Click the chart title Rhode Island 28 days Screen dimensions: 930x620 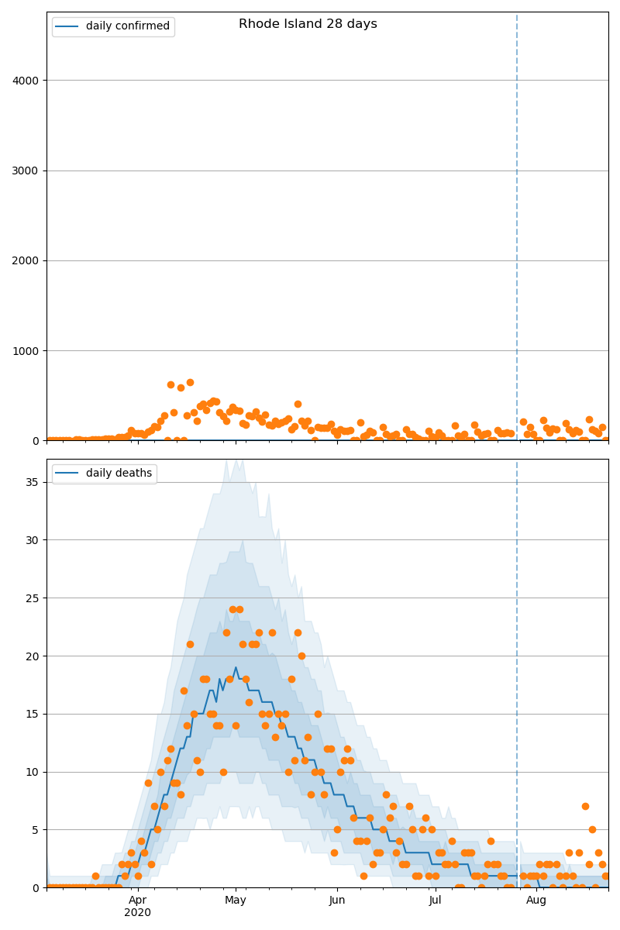tap(308, 24)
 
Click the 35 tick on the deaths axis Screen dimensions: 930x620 tap(33, 482)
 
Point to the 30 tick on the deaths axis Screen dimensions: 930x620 tap(33, 539)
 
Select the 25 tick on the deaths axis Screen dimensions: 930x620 tap(33, 598)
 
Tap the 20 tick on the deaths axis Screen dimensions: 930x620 tap(33, 656)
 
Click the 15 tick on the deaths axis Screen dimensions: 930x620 tap(33, 714)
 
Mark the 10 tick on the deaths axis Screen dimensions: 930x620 tap(33, 772)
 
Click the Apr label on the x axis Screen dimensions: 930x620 tap(137, 901)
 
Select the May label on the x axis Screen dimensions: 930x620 tap(236, 901)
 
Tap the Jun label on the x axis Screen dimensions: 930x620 tap(337, 901)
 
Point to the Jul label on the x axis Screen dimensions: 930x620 tap(435, 901)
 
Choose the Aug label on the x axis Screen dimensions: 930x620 tap(536, 901)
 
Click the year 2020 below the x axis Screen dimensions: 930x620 tap(137, 913)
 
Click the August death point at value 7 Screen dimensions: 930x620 tap(585, 806)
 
